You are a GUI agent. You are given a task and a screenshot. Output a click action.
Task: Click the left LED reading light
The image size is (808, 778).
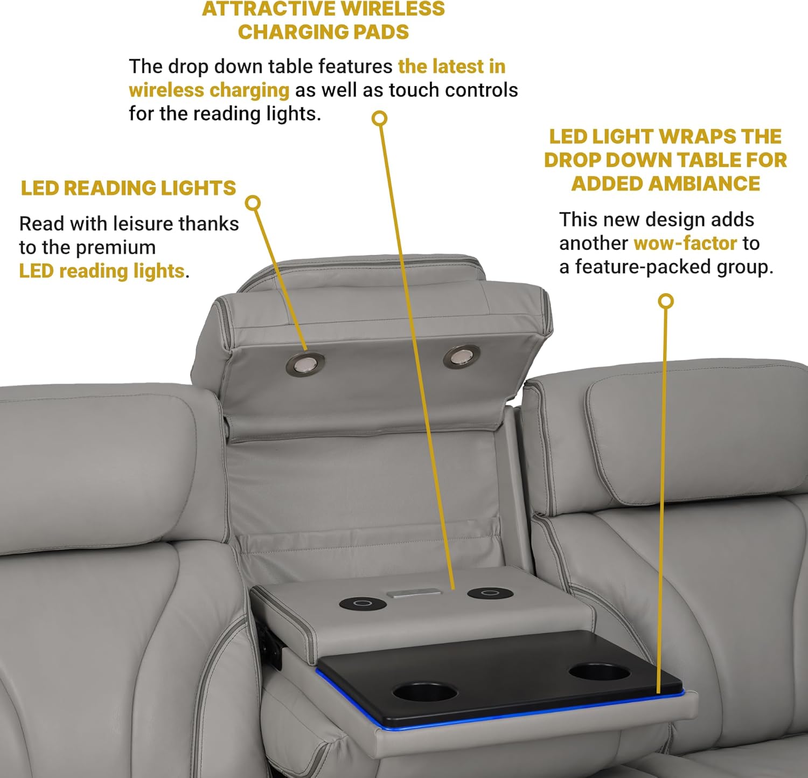pos(305,365)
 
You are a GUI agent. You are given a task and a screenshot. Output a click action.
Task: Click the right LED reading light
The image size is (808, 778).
pos(462,357)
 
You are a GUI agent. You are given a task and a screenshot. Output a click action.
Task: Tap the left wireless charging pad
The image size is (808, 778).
pos(363,603)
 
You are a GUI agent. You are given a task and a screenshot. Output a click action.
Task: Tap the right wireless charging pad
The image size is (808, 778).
pos(490,593)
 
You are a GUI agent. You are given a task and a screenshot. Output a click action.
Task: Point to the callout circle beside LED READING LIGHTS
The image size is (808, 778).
pos(253,203)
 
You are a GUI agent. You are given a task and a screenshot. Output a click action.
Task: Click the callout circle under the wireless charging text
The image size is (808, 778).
pos(380,118)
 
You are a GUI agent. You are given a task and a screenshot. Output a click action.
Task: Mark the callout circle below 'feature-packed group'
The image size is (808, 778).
pos(666,301)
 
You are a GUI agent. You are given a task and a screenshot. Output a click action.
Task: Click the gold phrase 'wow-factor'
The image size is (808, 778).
pos(685,244)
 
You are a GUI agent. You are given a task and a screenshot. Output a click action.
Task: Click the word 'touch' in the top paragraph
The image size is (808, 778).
pos(414,90)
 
